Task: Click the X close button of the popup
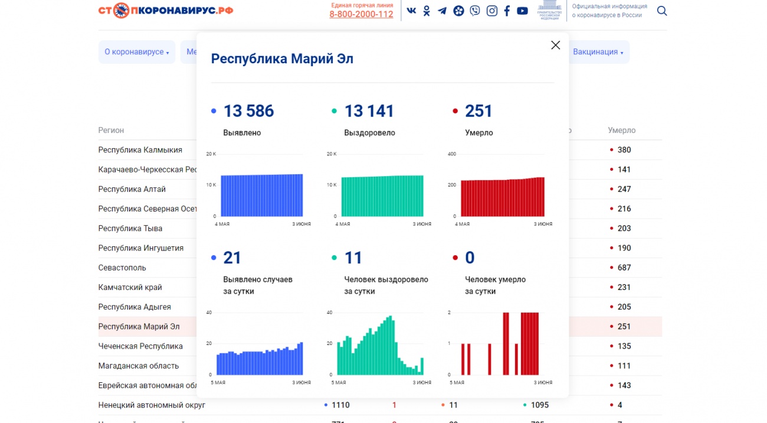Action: pyautogui.click(x=555, y=45)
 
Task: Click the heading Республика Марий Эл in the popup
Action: pyautogui.click(x=282, y=59)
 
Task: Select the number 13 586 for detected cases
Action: pyautogui.click(x=248, y=111)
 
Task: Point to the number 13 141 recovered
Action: pyautogui.click(x=369, y=111)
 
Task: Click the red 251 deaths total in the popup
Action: pyautogui.click(x=478, y=111)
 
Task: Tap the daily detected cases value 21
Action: pyautogui.click(x=232, y=258)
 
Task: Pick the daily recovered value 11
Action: pyautogui.click(x=353, y=258)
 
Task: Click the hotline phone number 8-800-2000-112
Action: pyautogui.click(x=361, y=15)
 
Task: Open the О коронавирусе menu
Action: pyautogui.click(x=137, y=52)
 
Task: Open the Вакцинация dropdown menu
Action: pyautogui.click(x=598, y=52)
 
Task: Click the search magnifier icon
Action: pyautogui.click(x=662, y=11)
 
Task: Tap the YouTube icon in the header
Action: pyautogui.click(x=522, y=11)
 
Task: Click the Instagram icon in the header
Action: pyautogui.click(x=491, y=11)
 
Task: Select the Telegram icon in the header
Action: pyautogui.click(x=442, y=11)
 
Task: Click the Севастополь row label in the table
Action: pyautogui.click(x=122, y=268)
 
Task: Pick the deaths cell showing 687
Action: pyautogui.click(x=624, y=268)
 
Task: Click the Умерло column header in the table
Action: pyautogui.click(x=621, y=131)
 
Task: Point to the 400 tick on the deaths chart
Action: pyautogui.click(x=452, y=154)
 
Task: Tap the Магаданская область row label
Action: pyautogui.click(x=138, y=366)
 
